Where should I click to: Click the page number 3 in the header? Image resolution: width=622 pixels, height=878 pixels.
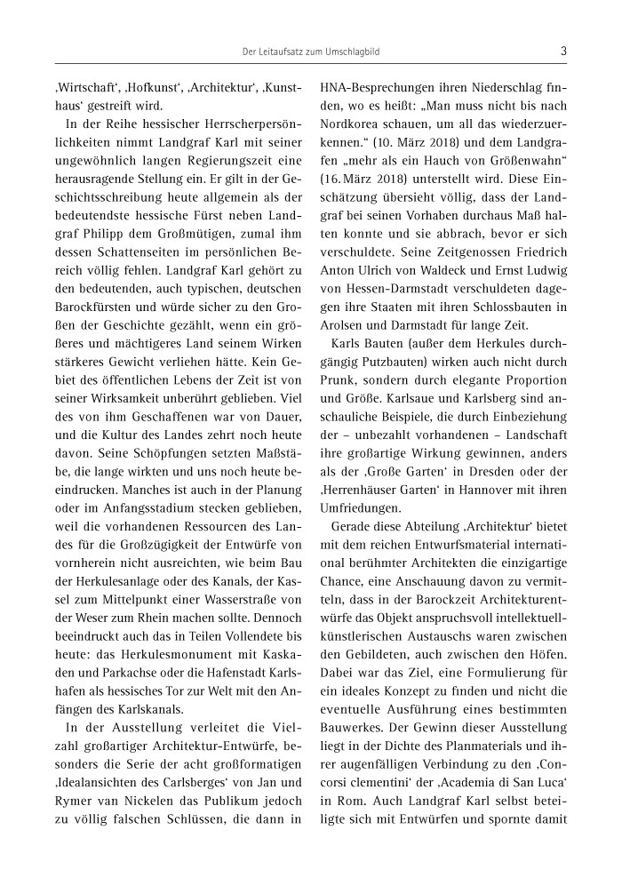[x=564, y=52]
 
